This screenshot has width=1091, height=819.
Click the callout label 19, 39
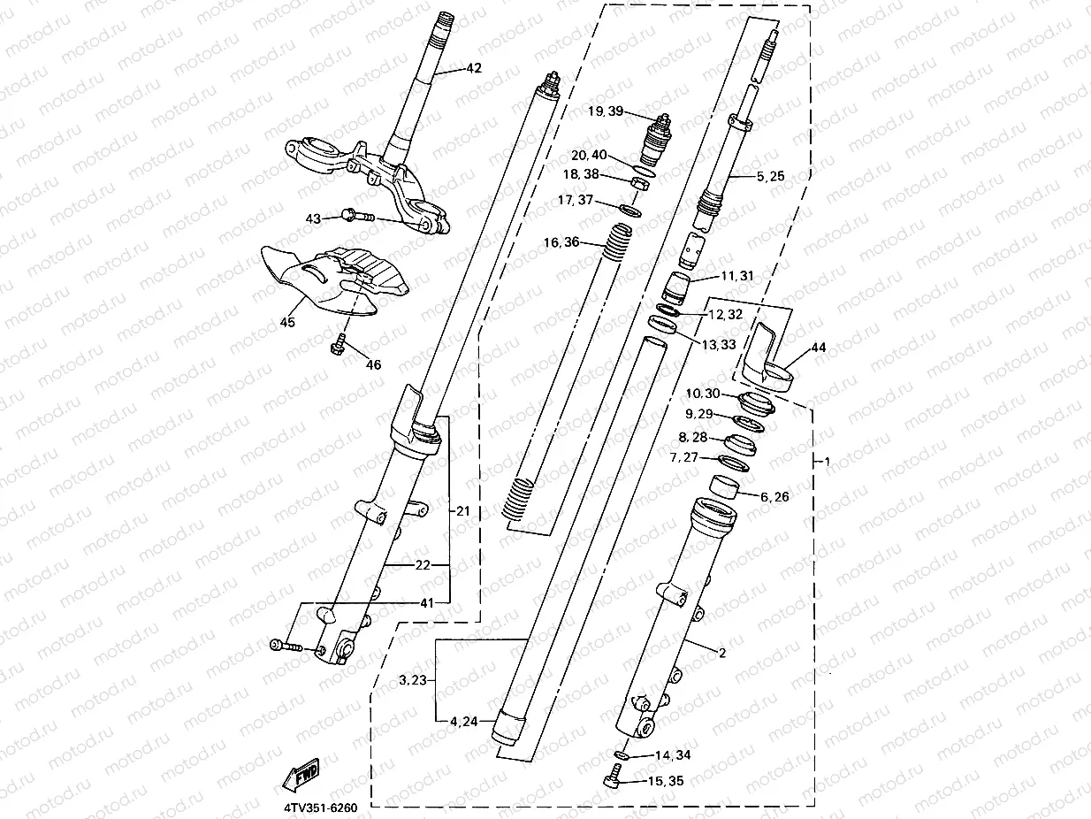[x=606, y=111]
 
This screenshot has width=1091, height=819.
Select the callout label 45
[x=287, y=323]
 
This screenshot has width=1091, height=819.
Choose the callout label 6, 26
[x=774, y=497]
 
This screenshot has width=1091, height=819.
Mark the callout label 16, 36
[x=561, y=241]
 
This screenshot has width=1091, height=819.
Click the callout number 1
[x=826, y=461]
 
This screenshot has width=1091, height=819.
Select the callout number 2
[x=721, y=654]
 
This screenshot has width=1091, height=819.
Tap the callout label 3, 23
[x=413, y=680]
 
